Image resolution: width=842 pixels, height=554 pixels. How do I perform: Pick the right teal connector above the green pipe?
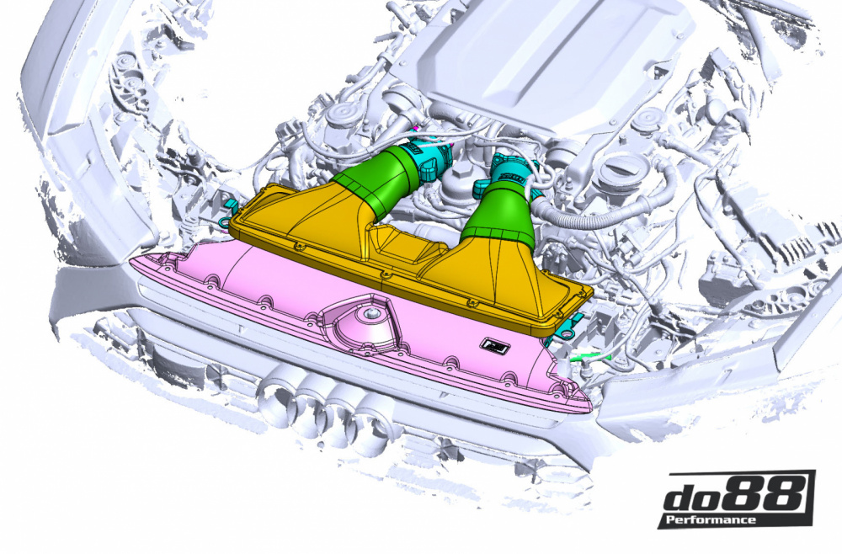click(x=509, y=173)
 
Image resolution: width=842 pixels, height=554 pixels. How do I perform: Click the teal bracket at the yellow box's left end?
click(x=226, y=220)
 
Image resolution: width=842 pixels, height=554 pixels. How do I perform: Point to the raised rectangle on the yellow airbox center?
click(x=400, y=245)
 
